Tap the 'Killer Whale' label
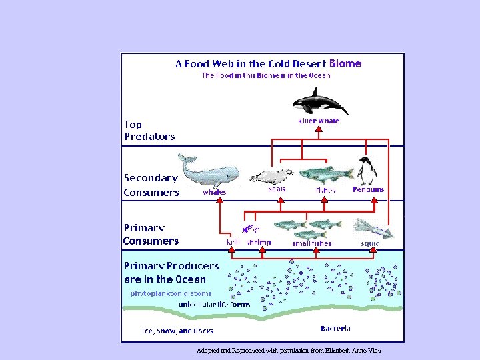[319, 121]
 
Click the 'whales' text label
[214, 192]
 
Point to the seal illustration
[271, 176]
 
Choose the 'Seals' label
[277, 189]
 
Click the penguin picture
[367, 171]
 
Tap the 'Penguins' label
[369, 189]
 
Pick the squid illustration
[373, 228]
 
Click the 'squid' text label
[370, 243]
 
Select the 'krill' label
[233, 243]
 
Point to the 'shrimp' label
[259, 243]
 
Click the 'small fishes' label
[311, 243]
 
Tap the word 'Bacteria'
[335, 328]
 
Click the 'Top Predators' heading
[149, 130]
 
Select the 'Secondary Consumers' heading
[151, 185]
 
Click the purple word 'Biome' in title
[345, 64]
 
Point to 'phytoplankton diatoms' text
[171, 293]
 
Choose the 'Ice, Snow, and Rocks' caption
[177, 331]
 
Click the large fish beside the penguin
[325, 175]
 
